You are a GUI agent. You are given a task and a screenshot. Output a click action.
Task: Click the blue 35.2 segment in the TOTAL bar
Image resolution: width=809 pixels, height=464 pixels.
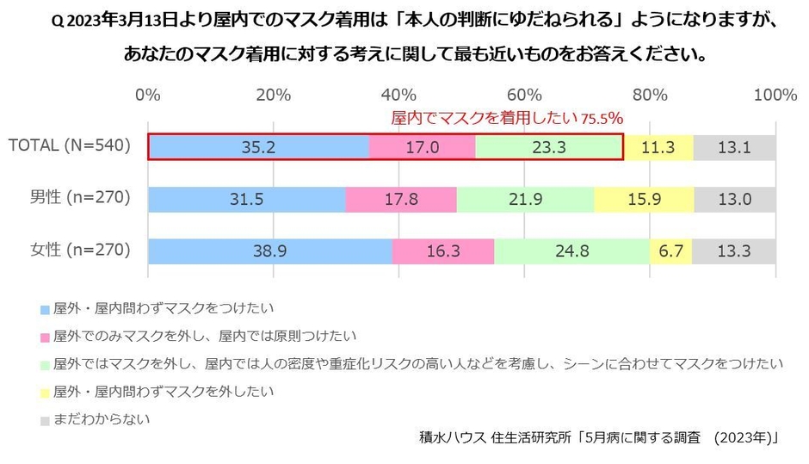tap(258, 147)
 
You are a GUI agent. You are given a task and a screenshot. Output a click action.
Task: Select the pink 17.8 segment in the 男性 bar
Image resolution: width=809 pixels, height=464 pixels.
tap(400, 199)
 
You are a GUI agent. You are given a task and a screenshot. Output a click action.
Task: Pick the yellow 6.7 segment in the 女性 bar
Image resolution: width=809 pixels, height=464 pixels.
tap(670, 251)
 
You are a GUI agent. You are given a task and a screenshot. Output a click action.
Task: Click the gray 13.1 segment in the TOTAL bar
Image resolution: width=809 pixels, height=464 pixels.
tap(734, 147)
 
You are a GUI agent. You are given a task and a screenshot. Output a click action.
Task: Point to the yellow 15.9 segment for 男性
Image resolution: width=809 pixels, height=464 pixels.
tap(644, 199)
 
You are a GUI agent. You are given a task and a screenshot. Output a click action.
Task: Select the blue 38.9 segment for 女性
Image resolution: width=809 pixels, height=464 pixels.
tap(270, 251)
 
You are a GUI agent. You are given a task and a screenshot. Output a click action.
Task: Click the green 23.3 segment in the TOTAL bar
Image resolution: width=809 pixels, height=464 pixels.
tap(548, 147)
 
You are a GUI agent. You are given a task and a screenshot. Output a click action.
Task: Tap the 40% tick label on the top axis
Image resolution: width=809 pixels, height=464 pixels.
tap(398, 95)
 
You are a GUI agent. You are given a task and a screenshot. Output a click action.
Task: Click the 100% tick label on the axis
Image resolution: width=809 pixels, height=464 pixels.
tap(775, 95)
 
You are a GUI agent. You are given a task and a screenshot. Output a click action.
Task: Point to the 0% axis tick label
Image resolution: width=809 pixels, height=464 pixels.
tap(148, 95)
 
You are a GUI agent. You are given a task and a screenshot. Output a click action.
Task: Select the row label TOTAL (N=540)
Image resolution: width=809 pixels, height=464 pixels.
tap(69, 146)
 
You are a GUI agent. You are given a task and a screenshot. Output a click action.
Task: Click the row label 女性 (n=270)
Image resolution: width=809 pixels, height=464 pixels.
tap(81, 251)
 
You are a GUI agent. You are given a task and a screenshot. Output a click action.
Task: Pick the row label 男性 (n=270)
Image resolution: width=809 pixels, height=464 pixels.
tap(81, 199)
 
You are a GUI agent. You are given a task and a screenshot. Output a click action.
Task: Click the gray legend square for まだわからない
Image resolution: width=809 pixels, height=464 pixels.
tap(45, 421)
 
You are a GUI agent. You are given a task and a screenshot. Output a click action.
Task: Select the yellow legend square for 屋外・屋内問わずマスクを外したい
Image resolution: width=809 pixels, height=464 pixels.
tap(45, 393)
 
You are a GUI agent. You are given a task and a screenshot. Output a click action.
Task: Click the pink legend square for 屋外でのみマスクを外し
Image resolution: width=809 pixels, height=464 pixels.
tap(45, 336)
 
